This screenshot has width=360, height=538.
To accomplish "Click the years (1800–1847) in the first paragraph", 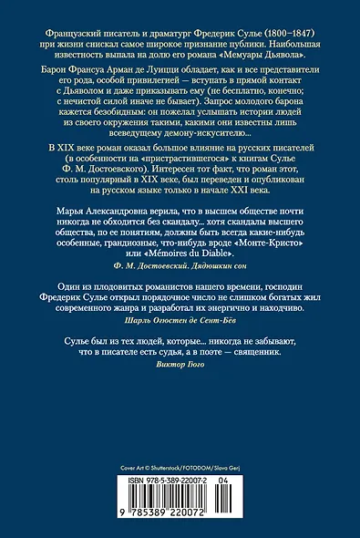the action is pyautogui.click(x=306, y=18).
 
